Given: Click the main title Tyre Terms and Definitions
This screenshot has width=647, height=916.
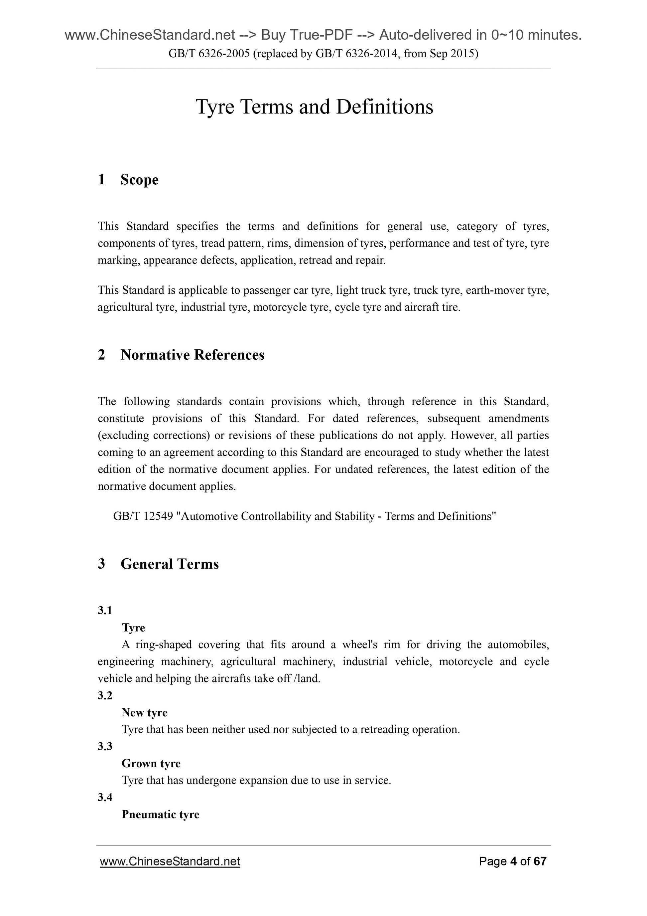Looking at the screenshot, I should [x=314, y=107].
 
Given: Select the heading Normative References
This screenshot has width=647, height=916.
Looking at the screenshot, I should [x=192, y=355].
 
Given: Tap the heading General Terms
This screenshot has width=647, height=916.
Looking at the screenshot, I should [x=170, y=564].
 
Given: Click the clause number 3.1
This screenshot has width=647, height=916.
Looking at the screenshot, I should [x=105, y=611].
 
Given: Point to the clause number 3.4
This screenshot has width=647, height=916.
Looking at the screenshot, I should [x=105, y=798].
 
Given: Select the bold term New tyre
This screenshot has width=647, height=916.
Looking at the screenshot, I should [x=144, y=712].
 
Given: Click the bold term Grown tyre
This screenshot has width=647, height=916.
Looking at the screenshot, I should [x=151, y=763].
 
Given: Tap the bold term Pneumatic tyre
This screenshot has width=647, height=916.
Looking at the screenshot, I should [x=160, y=814].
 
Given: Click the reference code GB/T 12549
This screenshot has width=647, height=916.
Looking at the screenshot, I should [x=143, y=516].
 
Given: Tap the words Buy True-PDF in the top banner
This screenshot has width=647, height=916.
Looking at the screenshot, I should [x=307, y=36].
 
